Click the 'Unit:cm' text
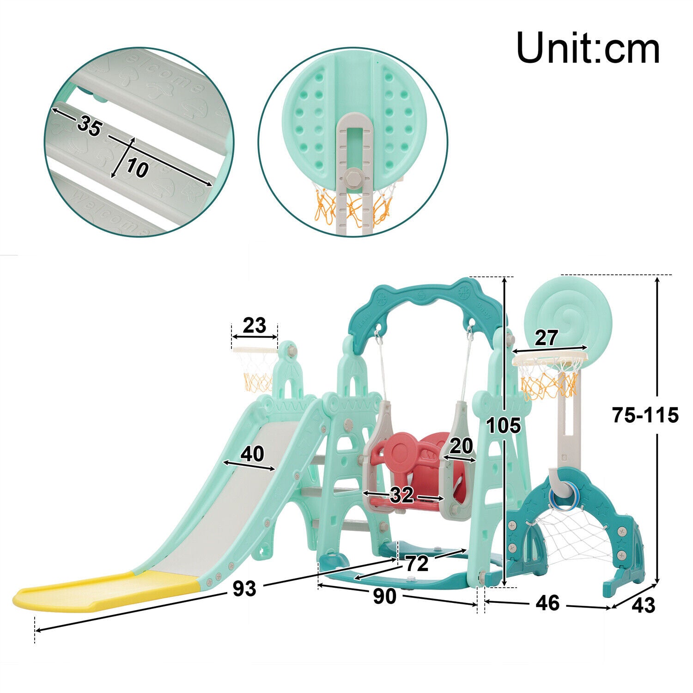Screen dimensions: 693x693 [x=588, y=48]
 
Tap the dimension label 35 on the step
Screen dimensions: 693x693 [x=89, y=126]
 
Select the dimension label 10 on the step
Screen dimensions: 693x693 [x=137, y=169]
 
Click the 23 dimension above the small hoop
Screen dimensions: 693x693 [x=254, y=326]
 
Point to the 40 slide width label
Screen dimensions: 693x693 [x=252, y=454]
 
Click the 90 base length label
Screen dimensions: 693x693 [x=384, y=597]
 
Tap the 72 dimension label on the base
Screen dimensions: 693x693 [x=417, y=564]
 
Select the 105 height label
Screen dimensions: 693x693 [x=504, y=426]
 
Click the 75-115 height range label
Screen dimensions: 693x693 [x=645, y=415]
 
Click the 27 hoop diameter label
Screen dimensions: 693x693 [x=546, y=338]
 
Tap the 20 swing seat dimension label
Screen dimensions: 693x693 [x=461, y=446]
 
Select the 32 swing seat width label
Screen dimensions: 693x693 [x=401, y=495]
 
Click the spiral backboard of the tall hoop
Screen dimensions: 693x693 [x=568, y=314]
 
